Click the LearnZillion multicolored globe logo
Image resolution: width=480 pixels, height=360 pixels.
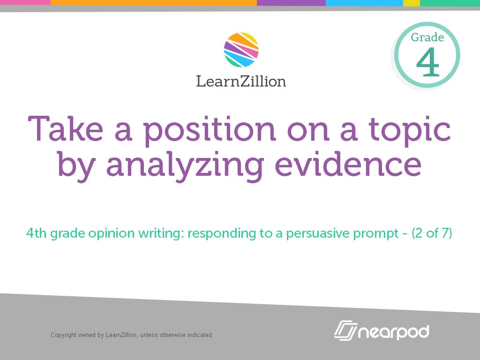[241, 50]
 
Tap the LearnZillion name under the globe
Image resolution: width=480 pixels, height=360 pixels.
[241, 82]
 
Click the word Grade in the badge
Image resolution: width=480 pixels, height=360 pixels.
[427, 37]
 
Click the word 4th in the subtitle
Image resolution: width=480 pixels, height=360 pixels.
[37, 233]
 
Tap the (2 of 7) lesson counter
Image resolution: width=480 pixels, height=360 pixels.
[432, 233]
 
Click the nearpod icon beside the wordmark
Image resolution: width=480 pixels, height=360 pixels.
[346, 330]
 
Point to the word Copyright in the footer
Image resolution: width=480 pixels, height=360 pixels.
[64, 335]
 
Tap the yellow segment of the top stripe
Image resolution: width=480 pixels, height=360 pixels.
[411, 3]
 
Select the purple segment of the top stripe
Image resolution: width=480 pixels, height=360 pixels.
[291, 3]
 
